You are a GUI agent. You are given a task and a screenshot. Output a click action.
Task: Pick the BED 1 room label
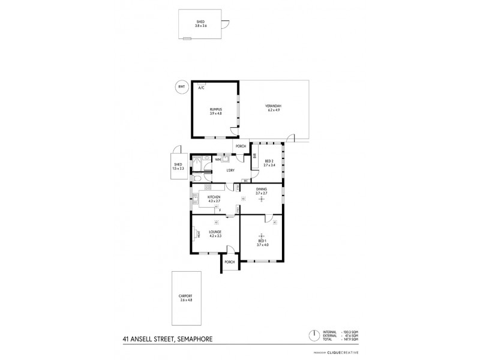click(x=262, y=241)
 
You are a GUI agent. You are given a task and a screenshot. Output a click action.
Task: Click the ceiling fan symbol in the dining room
click(x=261, y=199)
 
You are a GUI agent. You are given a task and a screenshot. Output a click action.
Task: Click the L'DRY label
click(x=229, y=172)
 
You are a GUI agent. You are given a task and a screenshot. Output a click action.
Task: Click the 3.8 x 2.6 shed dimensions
click(x=200, y=26)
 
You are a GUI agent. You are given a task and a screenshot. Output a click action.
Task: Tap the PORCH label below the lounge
click(x=229, y=262)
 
